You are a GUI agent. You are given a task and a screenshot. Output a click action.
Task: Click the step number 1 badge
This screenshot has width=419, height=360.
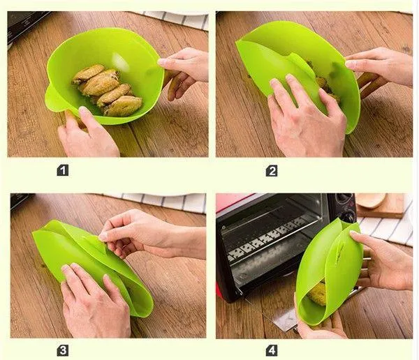click(x=63, y=170)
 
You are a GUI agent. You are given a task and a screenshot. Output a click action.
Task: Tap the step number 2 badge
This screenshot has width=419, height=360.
click(x=272, y=171)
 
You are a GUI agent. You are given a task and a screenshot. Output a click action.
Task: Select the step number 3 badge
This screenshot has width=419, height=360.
click(x=63, y=351)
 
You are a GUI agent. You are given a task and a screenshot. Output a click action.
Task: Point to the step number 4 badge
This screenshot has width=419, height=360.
click(x=272, y=351)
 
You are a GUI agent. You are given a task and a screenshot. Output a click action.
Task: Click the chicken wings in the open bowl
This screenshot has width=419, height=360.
click(x=107, y=89)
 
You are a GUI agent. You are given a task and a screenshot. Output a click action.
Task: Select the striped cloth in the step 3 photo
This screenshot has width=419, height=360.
click(x=166, y=202)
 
